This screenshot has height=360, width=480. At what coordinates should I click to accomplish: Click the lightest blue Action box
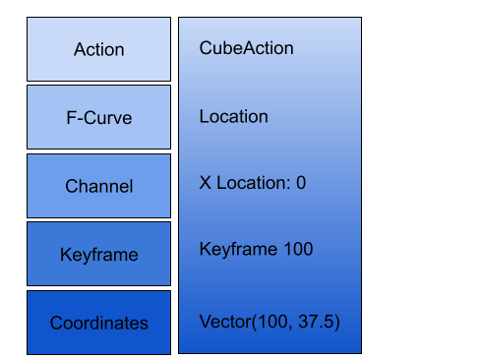click(98, 49)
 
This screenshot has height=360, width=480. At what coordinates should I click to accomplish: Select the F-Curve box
click(98, 118)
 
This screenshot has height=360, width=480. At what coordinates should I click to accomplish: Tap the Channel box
click(98, 186)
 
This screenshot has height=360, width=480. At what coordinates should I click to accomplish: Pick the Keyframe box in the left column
click(98, 255)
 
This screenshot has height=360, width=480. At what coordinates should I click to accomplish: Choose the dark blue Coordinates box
click(98, 323)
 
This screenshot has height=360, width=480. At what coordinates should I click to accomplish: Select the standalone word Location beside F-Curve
click(233, 117)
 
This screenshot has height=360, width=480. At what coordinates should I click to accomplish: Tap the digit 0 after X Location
click(301, 183)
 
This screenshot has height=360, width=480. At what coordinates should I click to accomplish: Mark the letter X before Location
click(205, 183)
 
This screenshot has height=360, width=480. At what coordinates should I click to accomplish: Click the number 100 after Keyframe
click(298, 250)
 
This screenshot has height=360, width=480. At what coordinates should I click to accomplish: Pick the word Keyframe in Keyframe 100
click(237, 250)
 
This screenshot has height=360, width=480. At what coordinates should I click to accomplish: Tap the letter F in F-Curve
click(71, 118)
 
